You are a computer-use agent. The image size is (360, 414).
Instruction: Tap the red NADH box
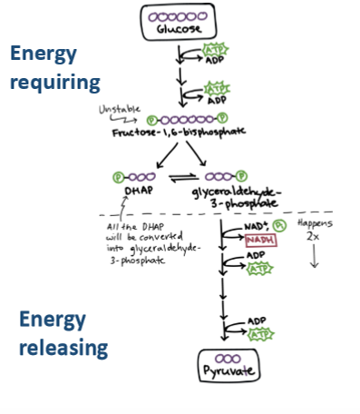tap(258, 240)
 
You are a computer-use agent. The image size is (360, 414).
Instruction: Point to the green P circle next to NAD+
tap(280, 223)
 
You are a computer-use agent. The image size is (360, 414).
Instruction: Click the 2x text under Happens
tap(316, 234)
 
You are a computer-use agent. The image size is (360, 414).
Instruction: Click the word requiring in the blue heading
tap(55, 84)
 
